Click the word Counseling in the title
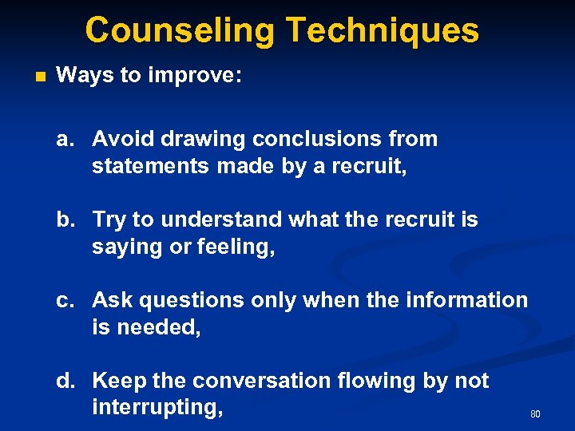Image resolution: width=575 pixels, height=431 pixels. pos(180,30)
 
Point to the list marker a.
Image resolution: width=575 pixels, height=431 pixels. pos(66,139)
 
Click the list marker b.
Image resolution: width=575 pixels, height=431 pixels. pos(66,219)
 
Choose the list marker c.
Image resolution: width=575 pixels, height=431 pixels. pos(66,300)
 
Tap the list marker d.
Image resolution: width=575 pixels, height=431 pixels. pos(66,381)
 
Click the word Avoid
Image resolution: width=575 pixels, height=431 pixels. pos(122,139)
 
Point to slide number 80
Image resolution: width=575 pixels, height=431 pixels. pos(535,414)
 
